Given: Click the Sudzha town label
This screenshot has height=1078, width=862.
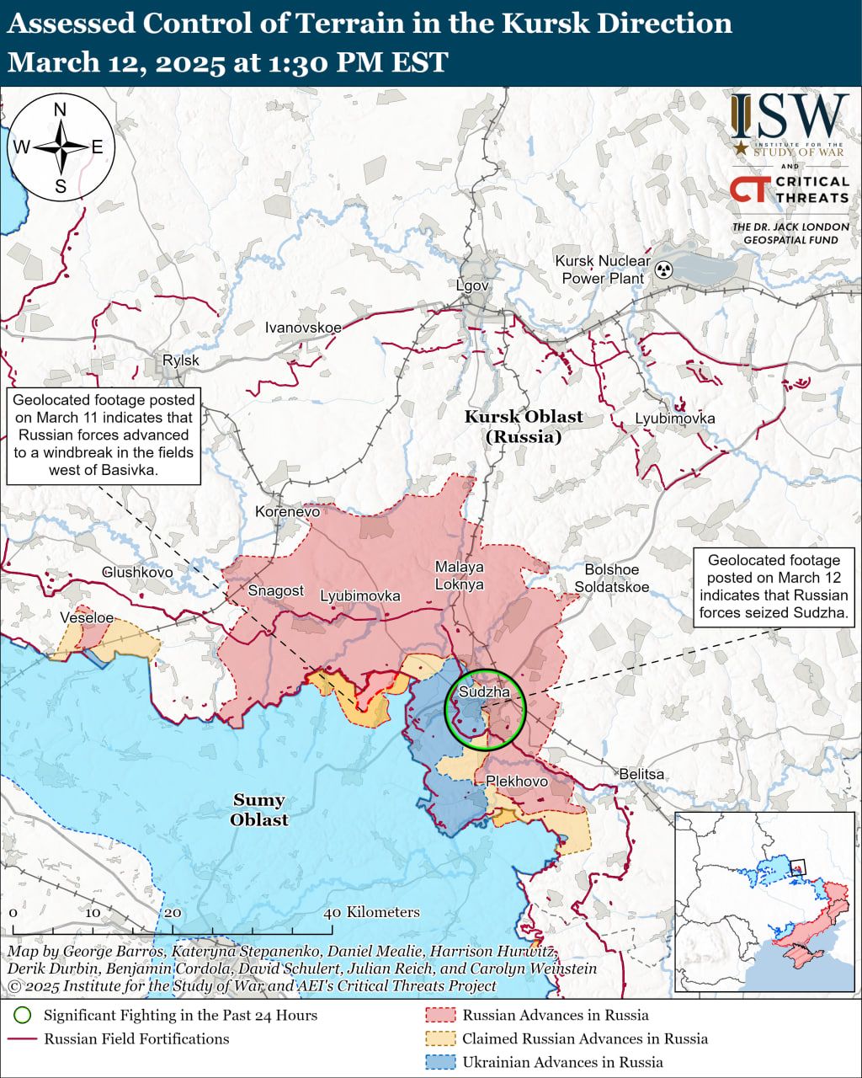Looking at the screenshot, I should pyautogui.click(x=484, y=692).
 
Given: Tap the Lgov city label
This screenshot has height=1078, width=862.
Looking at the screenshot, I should pyautogui.click(x=472, y=286).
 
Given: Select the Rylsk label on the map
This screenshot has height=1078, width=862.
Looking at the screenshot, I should pyautogui.click(x=181, y=360).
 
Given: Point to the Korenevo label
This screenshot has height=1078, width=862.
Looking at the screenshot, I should pyautogui.click(x=288, y=511).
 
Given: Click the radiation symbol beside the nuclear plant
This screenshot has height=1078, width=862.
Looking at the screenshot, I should pyautogui.click(x=665, y=270).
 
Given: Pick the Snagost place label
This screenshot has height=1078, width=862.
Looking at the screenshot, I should pyautogui.click(x=275, y=590).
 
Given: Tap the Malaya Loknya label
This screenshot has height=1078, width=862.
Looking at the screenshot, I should pyautogui.click(x=460, y=575).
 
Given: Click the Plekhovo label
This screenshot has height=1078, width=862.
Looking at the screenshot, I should pyautogui.click(x=517, y=782).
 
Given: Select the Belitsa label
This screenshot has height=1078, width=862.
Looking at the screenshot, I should pyautogui.click(x=641, y=774).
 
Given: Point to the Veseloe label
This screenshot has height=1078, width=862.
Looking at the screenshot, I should pyautogui.click(x=87, y=618).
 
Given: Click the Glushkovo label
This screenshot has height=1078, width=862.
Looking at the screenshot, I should pyautogui.click(x=137, y=573).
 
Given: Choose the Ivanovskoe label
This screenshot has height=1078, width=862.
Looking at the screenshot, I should pyautogui.click(x=303, y=328).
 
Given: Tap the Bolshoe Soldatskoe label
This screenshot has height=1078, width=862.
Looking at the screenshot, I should pyautogui.click(x=612, y=578).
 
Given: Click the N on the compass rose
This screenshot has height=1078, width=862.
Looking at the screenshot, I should pyautogui.click(x=60, y=110).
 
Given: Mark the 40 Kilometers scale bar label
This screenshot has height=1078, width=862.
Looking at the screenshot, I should pyautogui.click(x=372, y=912).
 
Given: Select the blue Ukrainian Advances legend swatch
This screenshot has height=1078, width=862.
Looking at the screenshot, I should pyautogui.click(x=440, y=1062).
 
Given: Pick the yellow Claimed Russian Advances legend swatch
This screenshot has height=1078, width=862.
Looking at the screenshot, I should pyautogui.click(x=440, y=1038).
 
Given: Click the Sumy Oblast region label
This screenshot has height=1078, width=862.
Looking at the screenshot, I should pyautogui.click(x=259, y=809).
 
